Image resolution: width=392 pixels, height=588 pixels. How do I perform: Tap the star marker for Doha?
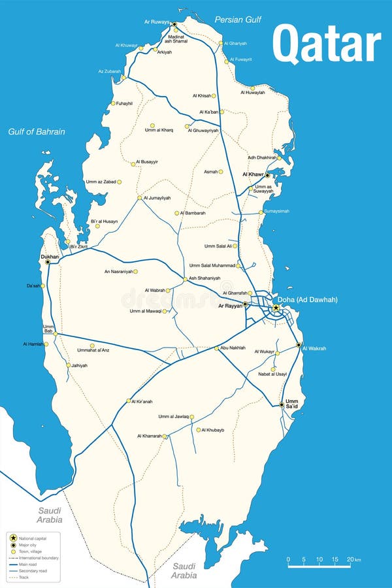276,308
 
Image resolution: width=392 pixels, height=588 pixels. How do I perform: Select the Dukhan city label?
50,257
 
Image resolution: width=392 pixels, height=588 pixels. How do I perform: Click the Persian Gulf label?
238,20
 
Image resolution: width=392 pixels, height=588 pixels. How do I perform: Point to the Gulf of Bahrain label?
37,132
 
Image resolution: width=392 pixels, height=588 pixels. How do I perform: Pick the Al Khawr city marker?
267,175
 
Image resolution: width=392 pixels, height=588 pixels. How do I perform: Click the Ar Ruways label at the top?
156,22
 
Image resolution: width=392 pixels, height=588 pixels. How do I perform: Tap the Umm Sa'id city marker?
282,405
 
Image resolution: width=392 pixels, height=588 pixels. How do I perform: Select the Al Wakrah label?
314,348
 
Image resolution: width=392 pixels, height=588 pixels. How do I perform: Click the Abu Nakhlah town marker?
216,348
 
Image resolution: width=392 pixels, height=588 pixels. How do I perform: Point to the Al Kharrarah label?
149,436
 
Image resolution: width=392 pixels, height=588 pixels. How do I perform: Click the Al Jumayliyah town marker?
139,198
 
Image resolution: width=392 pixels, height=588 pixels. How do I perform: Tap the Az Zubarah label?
109,71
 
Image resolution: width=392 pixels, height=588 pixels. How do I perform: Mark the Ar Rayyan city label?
230,305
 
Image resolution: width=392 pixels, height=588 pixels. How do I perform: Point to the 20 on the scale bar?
350,559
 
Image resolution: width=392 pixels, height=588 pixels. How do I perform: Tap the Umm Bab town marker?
56,334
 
